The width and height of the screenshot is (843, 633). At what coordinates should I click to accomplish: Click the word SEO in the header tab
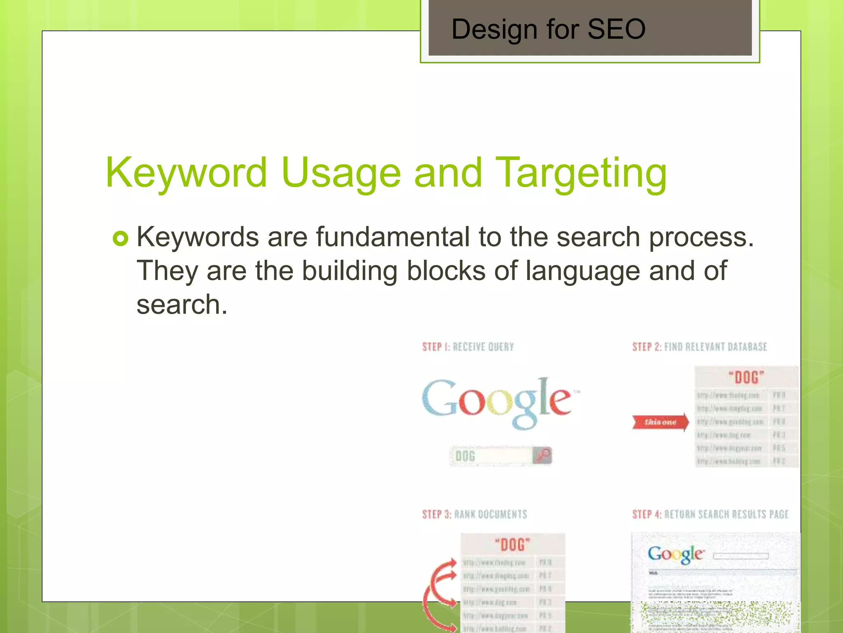click(616, 29)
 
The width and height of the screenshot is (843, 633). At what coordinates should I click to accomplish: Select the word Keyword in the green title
click(186, 173)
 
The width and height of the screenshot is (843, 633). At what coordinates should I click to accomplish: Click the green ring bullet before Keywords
click(120, 238)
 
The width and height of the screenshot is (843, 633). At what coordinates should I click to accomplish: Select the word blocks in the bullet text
click(446, 271)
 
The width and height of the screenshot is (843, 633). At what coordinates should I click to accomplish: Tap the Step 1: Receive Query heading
click(468, 347)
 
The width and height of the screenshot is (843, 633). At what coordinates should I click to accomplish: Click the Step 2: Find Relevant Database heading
click(700, 347)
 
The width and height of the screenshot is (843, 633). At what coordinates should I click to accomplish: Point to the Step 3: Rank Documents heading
click(474, 514)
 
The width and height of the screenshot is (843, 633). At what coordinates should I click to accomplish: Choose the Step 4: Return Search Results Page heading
click(710, 514)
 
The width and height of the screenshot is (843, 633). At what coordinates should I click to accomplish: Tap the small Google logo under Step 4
click(675, 554)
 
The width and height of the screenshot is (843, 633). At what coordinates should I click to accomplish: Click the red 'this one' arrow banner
click(660, 422)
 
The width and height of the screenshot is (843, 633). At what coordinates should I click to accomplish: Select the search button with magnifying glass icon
click(543, 455)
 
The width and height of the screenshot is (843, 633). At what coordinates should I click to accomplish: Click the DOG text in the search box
click(466, 456)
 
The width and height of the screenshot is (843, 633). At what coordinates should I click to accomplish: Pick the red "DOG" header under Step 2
click(746, 377)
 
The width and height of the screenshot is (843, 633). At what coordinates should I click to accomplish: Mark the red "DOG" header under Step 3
click(512, 545)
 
